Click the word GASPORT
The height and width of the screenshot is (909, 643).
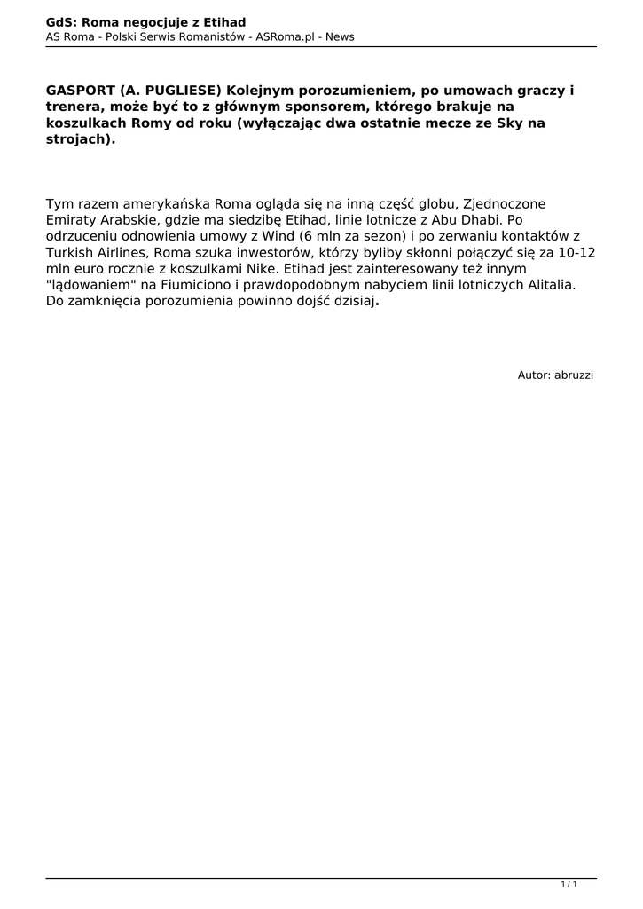pos(80,91)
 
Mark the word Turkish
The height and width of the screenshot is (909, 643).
pos(71,252)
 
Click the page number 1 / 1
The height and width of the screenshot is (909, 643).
pos(569,884)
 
